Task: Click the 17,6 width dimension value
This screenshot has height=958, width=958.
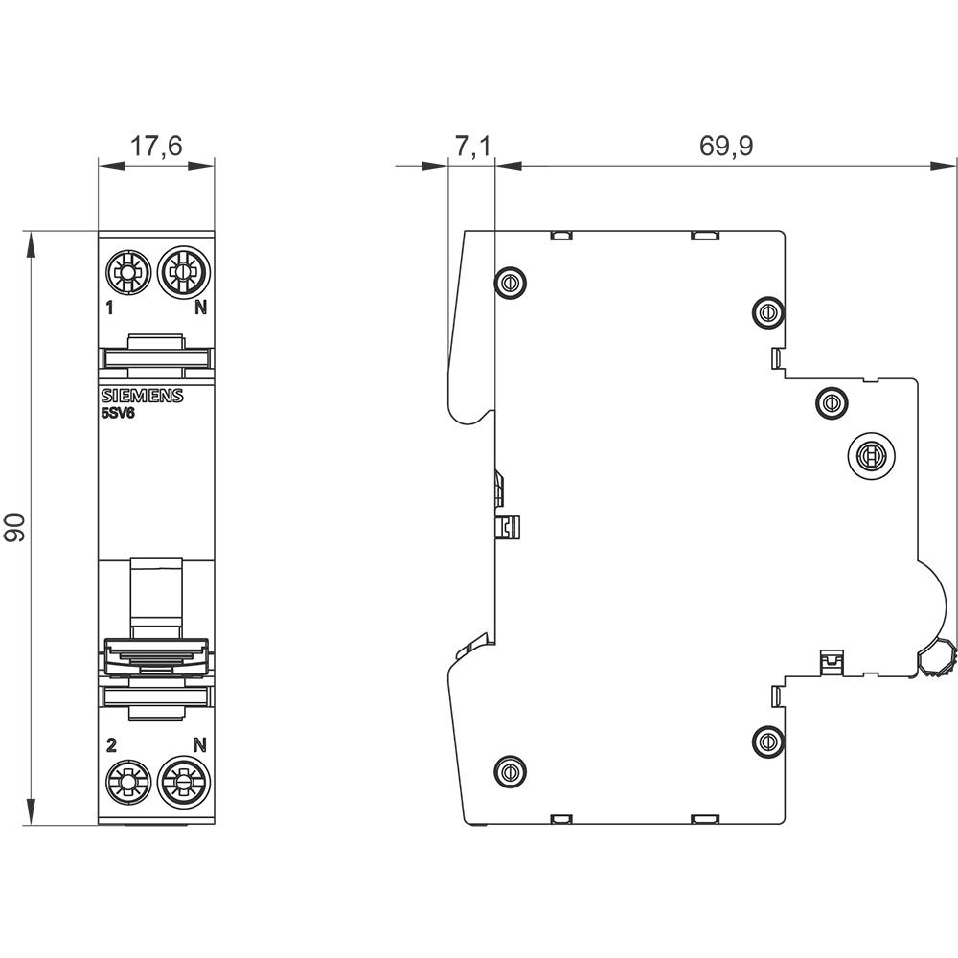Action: pos(156,146)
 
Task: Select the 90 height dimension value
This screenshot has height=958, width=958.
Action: pos(15,528)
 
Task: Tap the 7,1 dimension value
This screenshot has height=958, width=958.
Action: pos(471,146)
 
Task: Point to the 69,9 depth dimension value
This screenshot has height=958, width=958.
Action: pos(726,146)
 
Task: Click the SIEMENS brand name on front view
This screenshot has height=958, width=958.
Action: pos(142,397)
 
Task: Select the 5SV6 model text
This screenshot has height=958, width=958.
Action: pos(120,413)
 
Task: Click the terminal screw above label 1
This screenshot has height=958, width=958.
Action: pos(127,273)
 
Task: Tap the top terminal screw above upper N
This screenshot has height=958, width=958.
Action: pos(180,273)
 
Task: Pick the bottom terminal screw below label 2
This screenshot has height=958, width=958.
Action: pos(127,782)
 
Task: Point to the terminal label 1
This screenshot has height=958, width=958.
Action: pos(109,308)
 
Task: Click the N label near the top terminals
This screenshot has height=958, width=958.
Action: pos(200,308)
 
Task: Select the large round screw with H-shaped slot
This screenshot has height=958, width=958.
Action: pos(871,454)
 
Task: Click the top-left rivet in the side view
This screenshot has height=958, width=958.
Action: pos(509,282)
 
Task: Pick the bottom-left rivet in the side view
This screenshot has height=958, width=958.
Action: pos(509,769)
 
